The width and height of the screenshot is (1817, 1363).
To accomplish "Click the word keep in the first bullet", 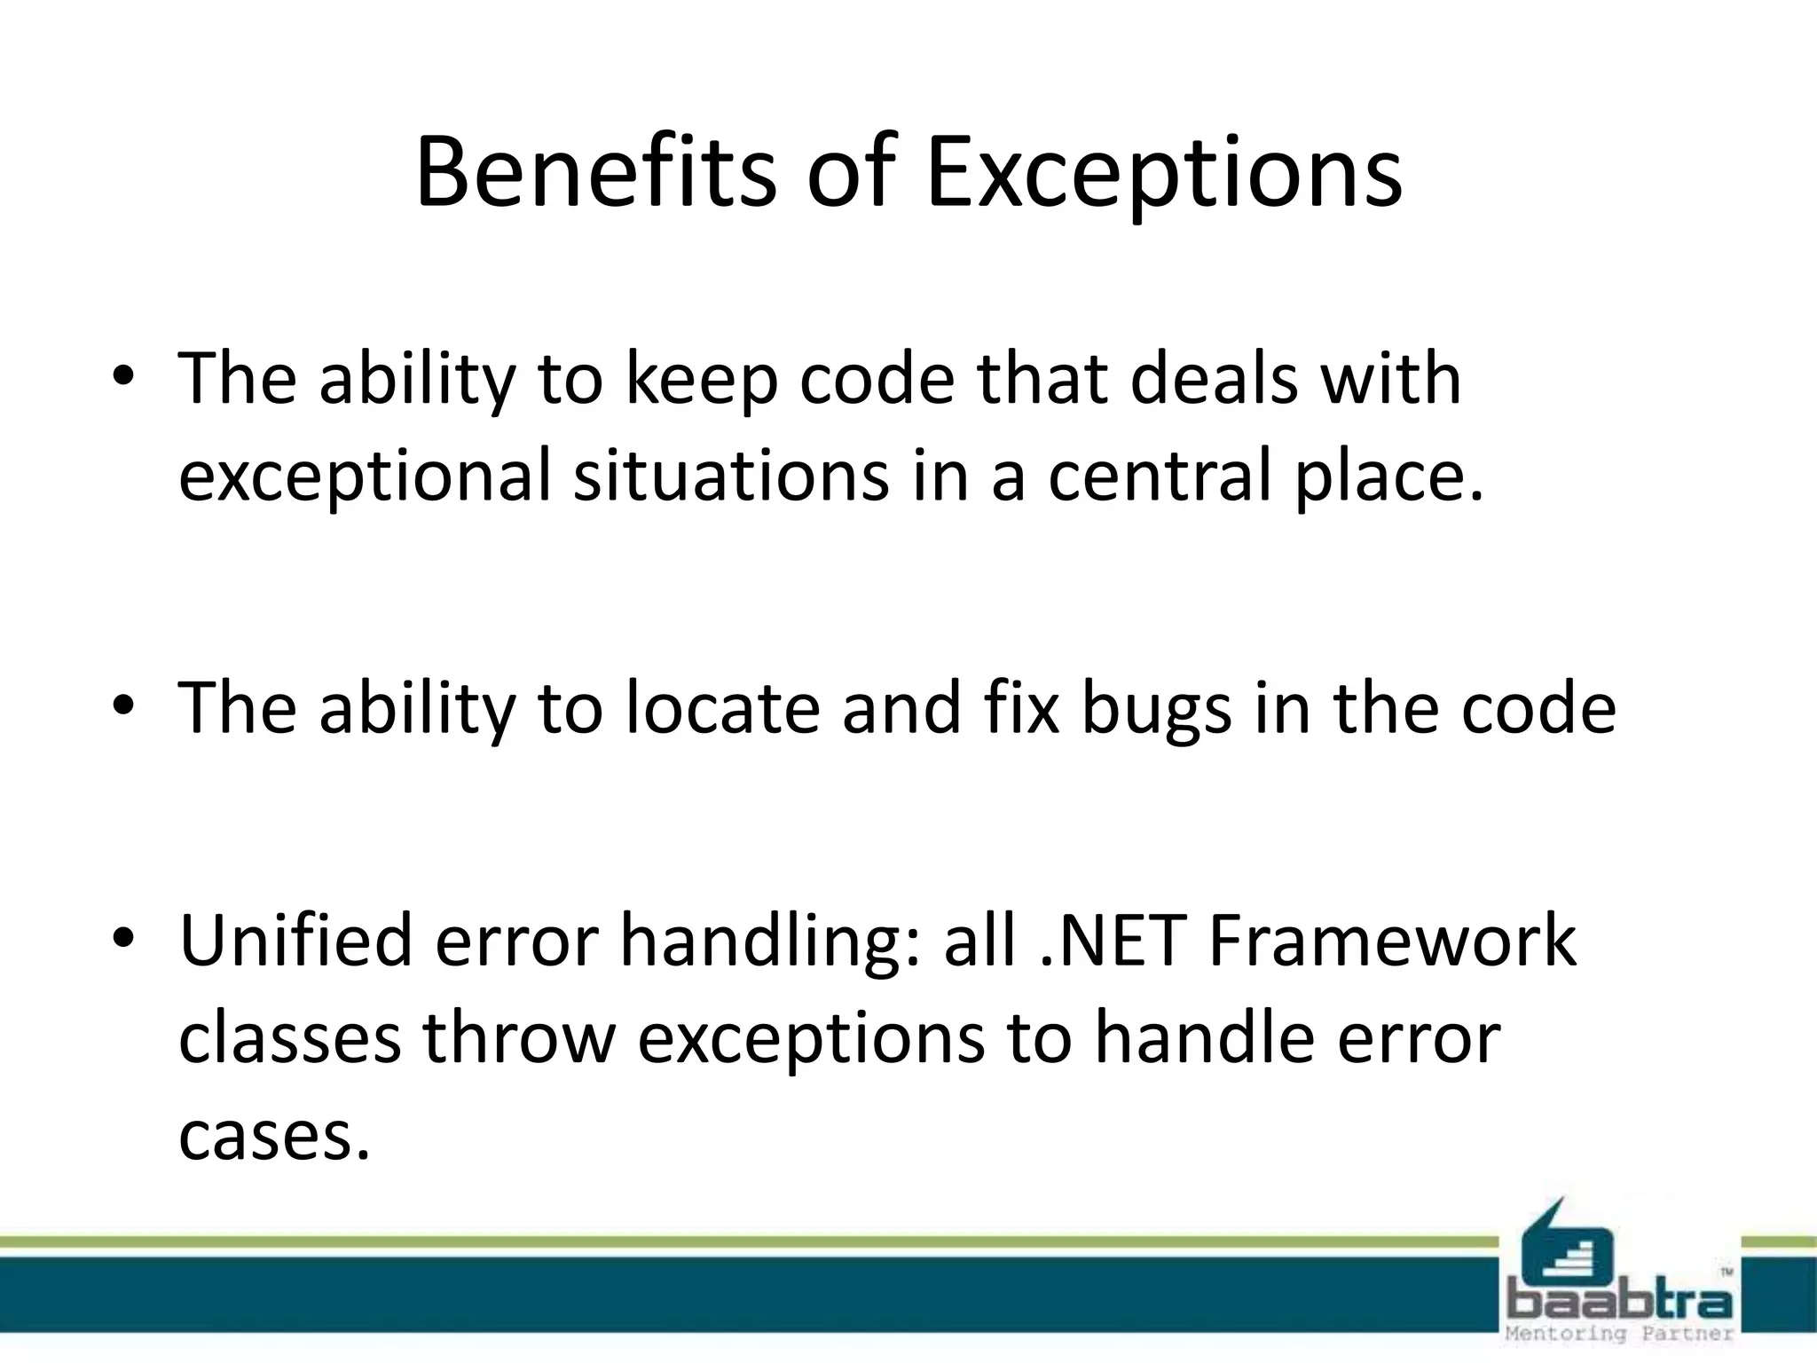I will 702,379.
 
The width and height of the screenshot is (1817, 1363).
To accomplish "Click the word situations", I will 731,476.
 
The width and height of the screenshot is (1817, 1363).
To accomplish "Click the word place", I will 1388,476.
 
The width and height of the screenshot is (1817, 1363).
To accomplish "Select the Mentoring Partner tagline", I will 1619,1334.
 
